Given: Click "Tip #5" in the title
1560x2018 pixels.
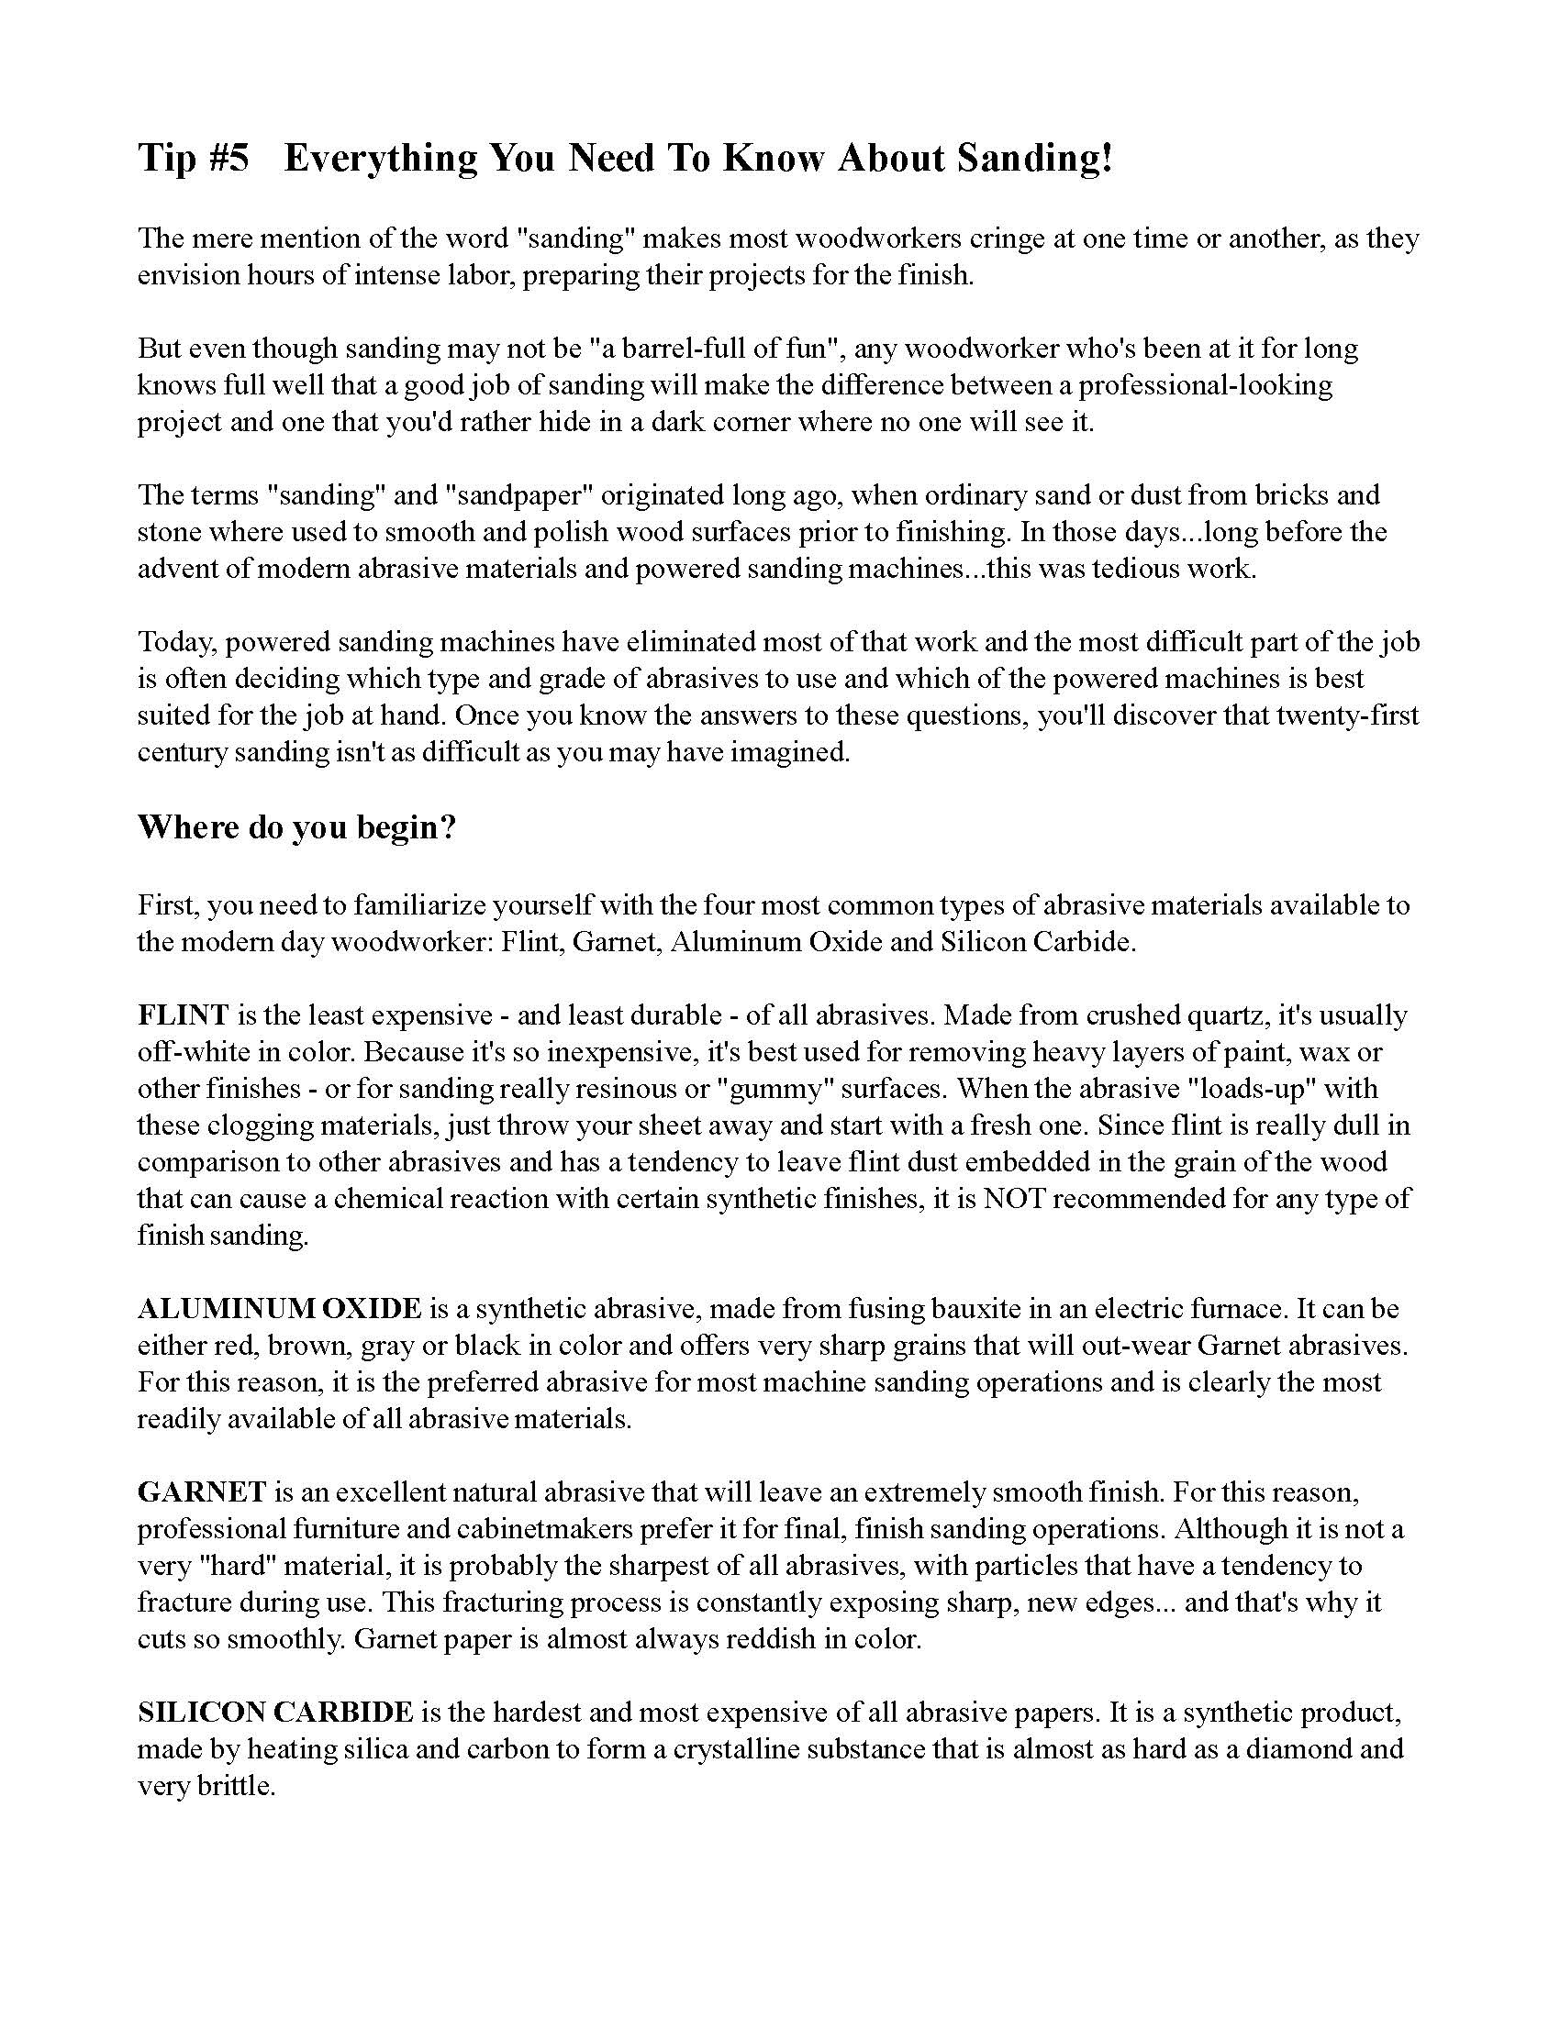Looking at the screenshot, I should point(194,159).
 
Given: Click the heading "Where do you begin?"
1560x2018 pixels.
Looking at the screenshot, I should point(296,827).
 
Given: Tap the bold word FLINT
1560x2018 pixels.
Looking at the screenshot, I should point(183,1015).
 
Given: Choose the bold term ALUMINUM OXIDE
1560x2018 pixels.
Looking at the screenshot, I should point(279,1309).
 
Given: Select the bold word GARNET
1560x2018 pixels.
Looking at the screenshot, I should point(203,1492).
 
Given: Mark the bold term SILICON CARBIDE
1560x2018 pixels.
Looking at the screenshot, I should point(275,1713).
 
